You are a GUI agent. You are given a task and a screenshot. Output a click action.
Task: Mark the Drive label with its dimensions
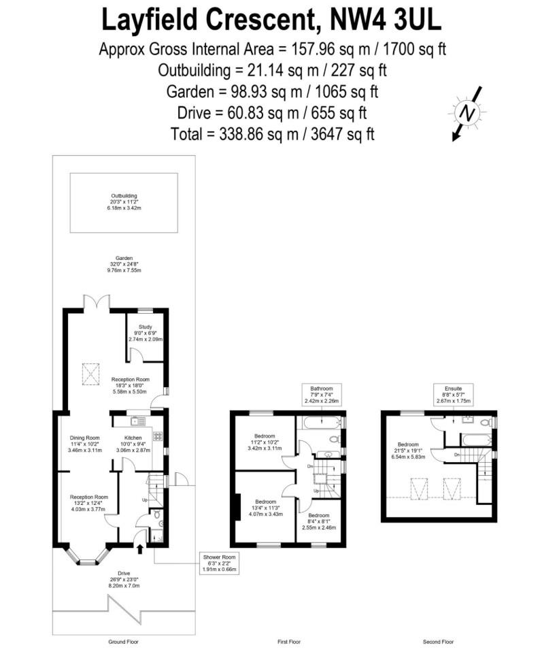[124, 579]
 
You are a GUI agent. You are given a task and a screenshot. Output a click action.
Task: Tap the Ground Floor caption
[124, 642]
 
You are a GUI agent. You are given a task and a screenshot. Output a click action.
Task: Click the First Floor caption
[289, 642]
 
